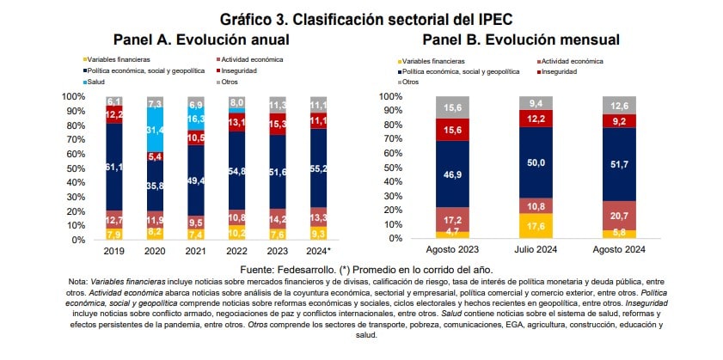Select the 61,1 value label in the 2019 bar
(114, 167)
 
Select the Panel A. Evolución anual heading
(201, 40)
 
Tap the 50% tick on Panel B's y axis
(390, 168)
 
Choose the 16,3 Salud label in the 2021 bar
(195, 119)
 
